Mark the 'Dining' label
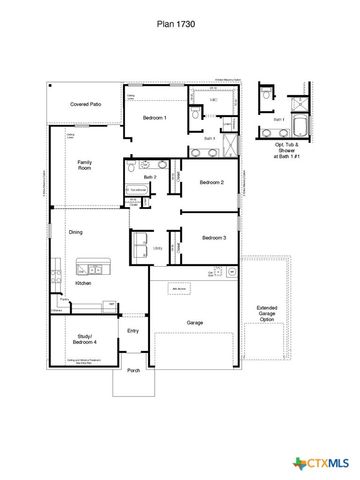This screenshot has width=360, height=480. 75,232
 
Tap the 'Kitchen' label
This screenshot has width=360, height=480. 83,284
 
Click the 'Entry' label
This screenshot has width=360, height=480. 133,330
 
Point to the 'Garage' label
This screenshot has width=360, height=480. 195,322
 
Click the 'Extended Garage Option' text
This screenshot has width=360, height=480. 267,313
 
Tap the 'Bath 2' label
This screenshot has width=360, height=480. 149,177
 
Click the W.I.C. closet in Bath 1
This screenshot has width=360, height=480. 213,101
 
